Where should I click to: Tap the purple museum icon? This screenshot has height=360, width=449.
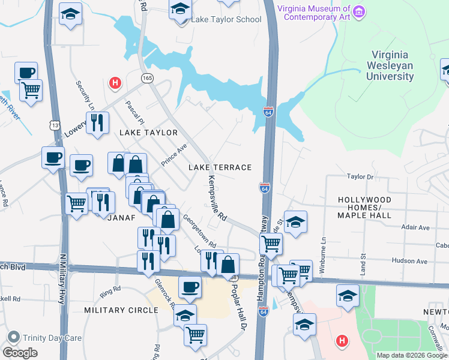coord(359,11)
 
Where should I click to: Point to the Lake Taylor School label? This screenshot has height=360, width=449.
coord(226,19)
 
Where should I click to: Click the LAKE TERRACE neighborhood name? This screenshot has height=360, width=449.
coord(220,167)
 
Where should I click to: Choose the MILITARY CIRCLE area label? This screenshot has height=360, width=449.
coord(121,310)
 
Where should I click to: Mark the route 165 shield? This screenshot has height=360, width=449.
coord(147,79)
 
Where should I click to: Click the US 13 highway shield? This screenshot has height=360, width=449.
coord(55,125)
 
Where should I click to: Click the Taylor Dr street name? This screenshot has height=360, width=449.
coord(360,177)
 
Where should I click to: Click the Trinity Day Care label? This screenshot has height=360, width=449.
coord(52,338)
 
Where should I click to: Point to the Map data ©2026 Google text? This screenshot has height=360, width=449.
coord(411,355)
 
